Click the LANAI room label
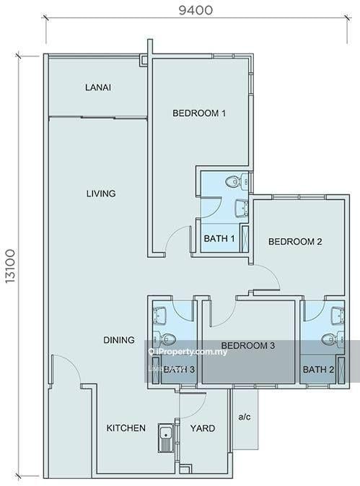pyautogui.click(x=98, y=87)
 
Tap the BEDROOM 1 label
pyautogui.click(x=199, y=113)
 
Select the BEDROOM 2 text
pyautogui.click(x=295, y=241)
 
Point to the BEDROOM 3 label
pyautogui.click(x=248, y=345)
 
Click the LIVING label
pyautogui.click(x=101, y=194)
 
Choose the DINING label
pyautogui.click(x=119, y=340)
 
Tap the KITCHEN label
pyautogui.click(x=126, y=428)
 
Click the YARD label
pyautogui.click(x=203, y=428)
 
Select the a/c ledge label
pyautogui.click(x=245, y=417)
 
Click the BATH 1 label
pyautogui.click(x=219, y=238)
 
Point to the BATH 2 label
pyautogui.click(x=319, y=370)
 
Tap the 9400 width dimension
pyautogui.click(x=196, y=10)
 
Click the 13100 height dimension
pyautogui.click(x=10, y=266)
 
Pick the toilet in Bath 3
pyautogui.click(x=164, y=339)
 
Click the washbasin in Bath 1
pyautogui.click(x=242, y=209)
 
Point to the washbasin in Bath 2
pyautogui.click(x=338, y=315)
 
